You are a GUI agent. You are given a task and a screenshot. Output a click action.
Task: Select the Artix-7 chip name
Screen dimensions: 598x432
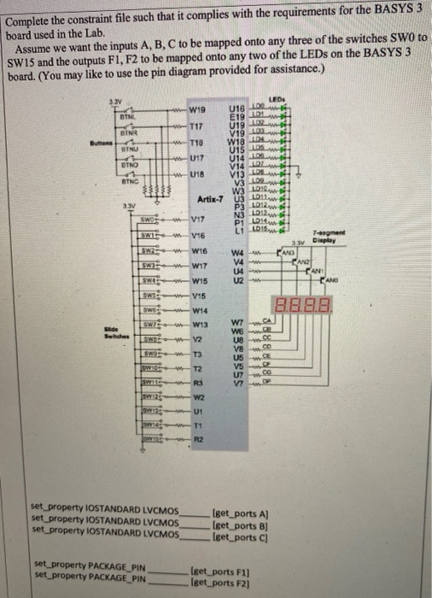click(x=209, y=199)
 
